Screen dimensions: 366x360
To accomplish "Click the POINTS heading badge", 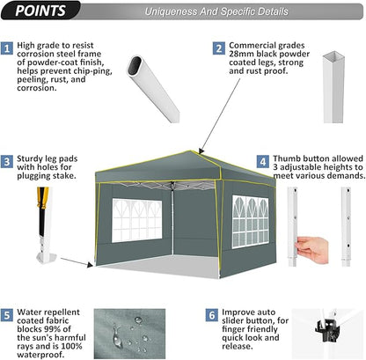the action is click(40, 11).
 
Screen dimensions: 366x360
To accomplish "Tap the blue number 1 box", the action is click(7, 48).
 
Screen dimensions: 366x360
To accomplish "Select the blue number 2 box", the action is click(219, 48).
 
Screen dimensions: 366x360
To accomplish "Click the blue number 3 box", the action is click(7, 162).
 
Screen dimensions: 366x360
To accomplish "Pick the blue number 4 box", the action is click(263, 162).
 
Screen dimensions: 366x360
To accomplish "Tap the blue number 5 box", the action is click(7, 315).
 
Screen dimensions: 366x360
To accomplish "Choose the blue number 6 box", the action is click(212, 315).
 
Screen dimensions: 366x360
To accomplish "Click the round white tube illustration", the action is click(153, 89).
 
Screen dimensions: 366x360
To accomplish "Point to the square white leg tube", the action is click(333, 87).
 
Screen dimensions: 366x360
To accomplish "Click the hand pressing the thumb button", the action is click(311, 250).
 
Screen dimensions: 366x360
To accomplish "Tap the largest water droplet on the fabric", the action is click(117, 336).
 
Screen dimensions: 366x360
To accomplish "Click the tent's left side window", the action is click(136, 220).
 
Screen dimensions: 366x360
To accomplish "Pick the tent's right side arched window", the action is click(251, 222).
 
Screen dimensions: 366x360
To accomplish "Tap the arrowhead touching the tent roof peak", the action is click(201, 151).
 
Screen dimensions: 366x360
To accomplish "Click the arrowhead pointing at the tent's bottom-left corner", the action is click(90, 265).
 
